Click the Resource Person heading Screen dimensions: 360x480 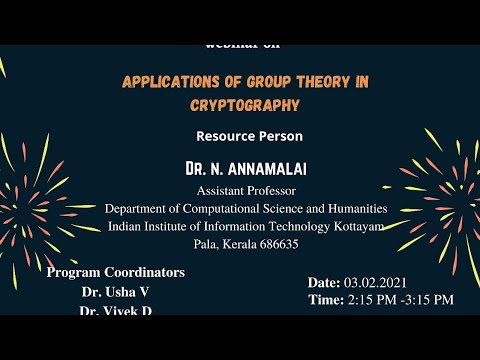point(249,135)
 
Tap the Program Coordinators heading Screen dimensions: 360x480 point(116,272)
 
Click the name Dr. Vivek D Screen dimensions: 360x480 point(117,310)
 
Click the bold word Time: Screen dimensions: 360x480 point(327,299)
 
